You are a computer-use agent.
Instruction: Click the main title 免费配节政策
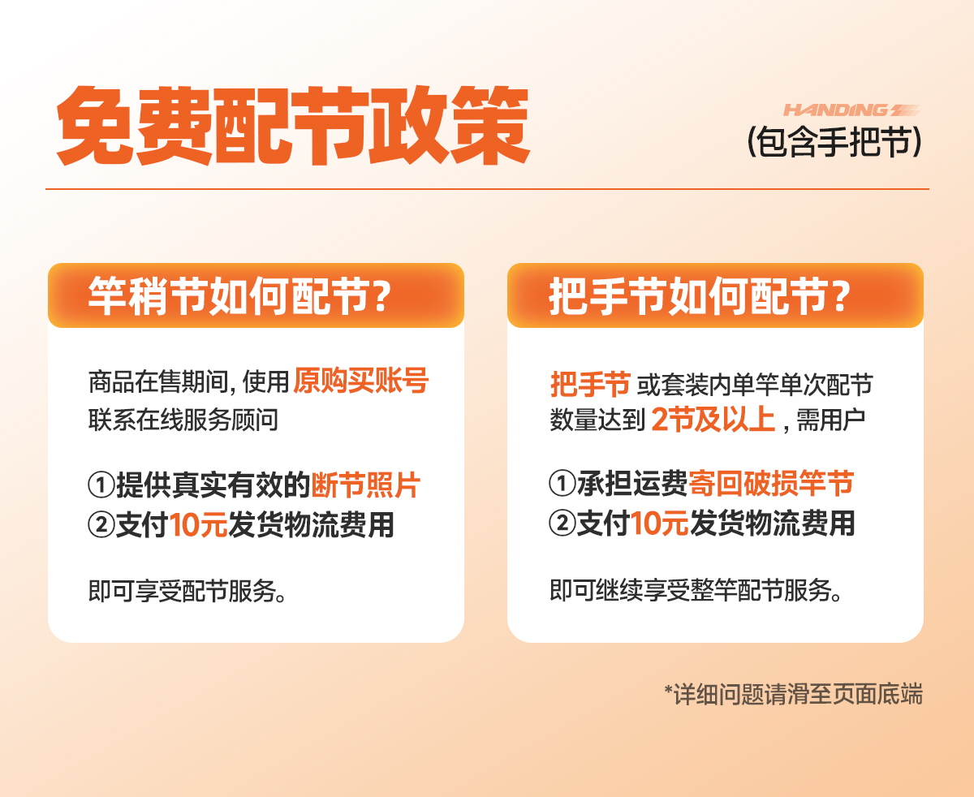[x=293, y=125]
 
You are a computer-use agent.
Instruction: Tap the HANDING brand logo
[x=851, y=110]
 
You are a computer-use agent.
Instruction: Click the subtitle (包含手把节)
[x=834, y=142]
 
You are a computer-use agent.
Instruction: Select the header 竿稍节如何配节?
[x=239, y=296]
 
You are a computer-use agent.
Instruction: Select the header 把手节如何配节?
[x=699, y=296]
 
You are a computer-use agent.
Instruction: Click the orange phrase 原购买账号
[x=360, y=381]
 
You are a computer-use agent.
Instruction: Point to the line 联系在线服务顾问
[x=183, y=420]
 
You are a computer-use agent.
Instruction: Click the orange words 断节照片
[x=365, y=485]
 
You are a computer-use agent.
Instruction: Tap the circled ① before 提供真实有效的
[x=101, y=485]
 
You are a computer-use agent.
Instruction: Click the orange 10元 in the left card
[x=199, y=524]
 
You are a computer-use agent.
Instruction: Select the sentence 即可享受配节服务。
[x=187, y=591]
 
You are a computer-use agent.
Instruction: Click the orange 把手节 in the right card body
[x=590, y=384]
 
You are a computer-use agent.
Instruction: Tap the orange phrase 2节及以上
[x=713, y=420]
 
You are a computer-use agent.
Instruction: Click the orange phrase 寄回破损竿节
[x=771, y=484]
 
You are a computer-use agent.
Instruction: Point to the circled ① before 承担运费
[x=562, y=484]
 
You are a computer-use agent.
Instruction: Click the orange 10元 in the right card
[x=660, y=523]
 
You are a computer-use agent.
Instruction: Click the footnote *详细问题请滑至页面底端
[x=794, y=694]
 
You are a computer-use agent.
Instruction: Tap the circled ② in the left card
[x=101, y=524]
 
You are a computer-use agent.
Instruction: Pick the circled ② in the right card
[x=562, y=523]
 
